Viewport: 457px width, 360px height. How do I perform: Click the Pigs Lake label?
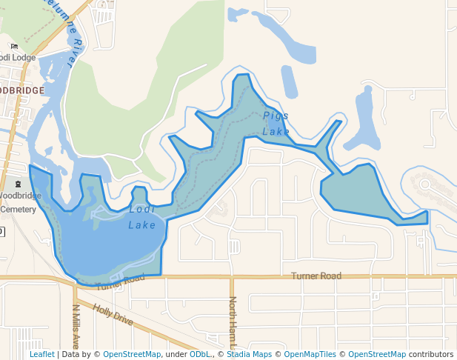276,123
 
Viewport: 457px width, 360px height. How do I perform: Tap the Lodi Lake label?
142,217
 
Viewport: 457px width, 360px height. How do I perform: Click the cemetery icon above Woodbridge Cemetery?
19,183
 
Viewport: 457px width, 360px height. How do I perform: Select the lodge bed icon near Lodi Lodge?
14,46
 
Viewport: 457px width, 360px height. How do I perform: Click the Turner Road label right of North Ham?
316,276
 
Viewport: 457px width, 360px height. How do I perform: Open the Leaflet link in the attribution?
41,354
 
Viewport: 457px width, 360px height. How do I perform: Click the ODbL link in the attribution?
199,354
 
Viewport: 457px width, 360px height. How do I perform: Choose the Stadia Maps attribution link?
249,354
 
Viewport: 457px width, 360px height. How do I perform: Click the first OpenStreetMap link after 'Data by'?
132,354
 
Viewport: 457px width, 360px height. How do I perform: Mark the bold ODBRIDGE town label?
21,90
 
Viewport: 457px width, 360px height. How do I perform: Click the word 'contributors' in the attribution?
431,354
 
